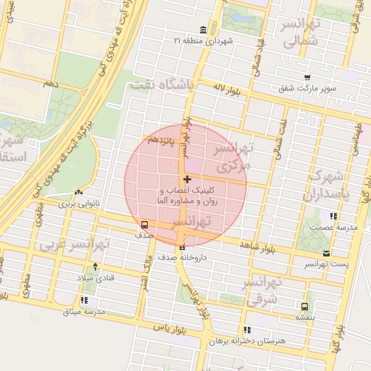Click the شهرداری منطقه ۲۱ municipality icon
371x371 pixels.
tap(202, 30)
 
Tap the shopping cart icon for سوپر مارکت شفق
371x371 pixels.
tap(307, 78)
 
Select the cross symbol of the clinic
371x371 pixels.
tap(188, 179)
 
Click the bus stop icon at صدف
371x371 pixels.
tap(143, 224)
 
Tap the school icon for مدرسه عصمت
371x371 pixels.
tap(333, 216)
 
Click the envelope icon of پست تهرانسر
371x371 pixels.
tap(327, 253)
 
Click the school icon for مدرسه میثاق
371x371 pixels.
tap(85, 300)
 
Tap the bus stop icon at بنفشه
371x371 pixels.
tap(304, 307)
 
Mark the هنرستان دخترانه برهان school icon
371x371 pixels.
tap(248, 330)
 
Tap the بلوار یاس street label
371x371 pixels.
tap(167, 328)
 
